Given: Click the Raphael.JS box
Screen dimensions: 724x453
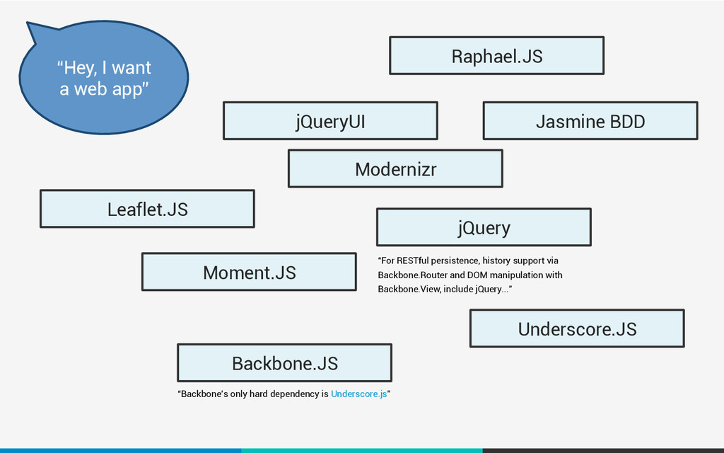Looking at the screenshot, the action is click(x=497, y=55).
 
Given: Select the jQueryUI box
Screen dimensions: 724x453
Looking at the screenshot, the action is click(x=331, y=120).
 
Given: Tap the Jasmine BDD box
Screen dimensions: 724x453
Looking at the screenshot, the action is click(x=590, y=120).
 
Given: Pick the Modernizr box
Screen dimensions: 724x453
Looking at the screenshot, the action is click(x=396, y=168).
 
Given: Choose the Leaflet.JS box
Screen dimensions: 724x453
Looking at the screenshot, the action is click(x=147, y=209).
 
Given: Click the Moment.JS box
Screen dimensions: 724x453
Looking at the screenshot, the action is click(x=250, y=272).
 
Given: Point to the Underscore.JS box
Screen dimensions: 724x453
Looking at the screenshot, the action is click(x=577, y=328).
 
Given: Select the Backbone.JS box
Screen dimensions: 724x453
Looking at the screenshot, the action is click(x=285, y=363).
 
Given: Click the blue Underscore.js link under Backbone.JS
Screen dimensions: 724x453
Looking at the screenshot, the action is click(x=358, y=394).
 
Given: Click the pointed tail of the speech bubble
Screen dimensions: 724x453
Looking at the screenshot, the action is click(x=28, y=23).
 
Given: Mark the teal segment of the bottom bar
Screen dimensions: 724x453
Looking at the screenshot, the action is click(x=362, y=451).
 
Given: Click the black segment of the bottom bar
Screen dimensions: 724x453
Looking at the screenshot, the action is click(x=604, y=451).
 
